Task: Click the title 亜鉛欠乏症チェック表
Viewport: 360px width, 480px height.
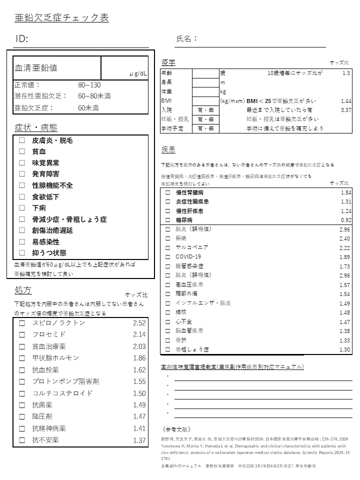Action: click(x=62, y=18)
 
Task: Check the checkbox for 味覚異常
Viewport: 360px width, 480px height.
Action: click(x=22, y=162)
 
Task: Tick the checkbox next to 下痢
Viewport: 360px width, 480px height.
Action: click(x=22, y=207)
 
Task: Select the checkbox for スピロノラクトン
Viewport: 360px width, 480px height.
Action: click(x=22, y=323)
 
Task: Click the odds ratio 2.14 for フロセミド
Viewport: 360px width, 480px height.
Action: click(x=139, y=334)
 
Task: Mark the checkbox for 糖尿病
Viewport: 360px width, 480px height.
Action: click(x=167, y=219)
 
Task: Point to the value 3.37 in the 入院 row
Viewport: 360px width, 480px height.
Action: click(x=345, y=109)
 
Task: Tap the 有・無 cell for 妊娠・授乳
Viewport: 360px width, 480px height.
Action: click(x=205, y=119)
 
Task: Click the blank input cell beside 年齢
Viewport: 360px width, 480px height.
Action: click(x=205, y=73)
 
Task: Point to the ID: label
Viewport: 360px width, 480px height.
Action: click(x=22, y=39)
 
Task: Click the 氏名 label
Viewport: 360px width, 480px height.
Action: click(x=187, y=38)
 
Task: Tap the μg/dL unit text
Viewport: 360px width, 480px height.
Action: click(x=138, y=74)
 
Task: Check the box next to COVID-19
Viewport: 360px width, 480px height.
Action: click(x=167, y=256)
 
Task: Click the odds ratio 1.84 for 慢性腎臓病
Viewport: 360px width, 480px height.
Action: click(x=345, y=192)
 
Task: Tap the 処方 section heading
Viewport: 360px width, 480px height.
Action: click(x=23, y=290)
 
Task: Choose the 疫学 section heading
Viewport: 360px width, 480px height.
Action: click(x=168, y=62)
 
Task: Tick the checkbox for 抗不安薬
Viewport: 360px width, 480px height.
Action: click(x=22, y=440)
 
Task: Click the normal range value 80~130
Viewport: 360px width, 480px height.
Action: click(x=89, y=85)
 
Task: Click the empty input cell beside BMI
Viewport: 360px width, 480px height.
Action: click(x=205, y=100)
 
